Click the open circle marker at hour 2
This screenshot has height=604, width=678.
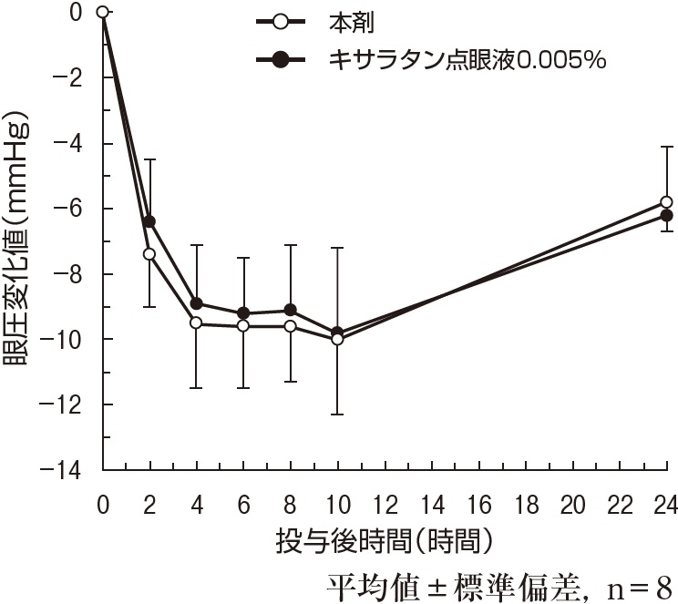149,253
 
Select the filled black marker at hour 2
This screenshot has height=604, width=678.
149,221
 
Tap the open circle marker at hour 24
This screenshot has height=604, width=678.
667,201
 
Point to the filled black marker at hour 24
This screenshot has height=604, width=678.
667,215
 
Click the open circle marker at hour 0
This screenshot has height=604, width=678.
102,12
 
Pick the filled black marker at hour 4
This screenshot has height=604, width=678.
196,303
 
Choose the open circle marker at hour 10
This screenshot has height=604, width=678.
337,339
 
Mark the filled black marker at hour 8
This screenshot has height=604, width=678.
291,310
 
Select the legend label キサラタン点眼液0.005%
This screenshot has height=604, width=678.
467,60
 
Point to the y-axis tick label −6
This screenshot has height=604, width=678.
74,209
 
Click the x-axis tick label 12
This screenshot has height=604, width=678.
385,505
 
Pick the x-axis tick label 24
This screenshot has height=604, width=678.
666,505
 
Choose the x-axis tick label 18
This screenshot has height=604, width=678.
526,505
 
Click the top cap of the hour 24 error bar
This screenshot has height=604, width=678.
667,147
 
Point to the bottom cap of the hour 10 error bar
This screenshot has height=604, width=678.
337,415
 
